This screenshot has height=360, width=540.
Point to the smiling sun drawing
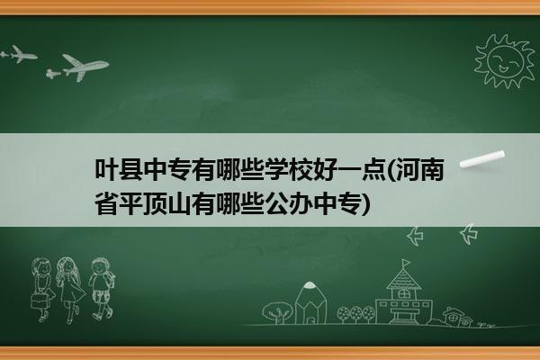504,61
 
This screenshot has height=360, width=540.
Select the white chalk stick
482,159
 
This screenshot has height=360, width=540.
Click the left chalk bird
415,236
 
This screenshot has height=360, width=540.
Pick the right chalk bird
469,234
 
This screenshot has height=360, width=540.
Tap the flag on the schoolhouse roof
407,263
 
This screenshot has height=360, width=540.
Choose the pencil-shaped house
310,303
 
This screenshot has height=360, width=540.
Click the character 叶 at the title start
106,169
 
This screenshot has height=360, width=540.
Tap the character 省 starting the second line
106,203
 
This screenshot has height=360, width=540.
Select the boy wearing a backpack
102,289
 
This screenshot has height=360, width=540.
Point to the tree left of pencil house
278,312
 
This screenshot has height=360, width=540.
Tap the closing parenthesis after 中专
366,204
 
